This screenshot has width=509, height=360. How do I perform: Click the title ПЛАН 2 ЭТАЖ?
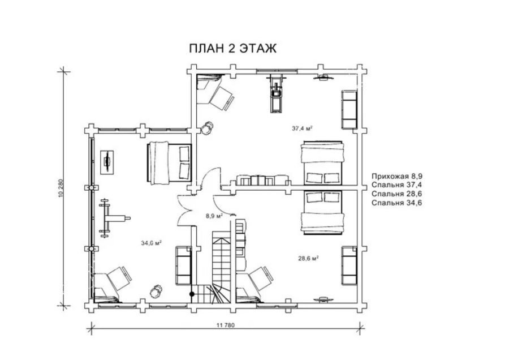[233, 49]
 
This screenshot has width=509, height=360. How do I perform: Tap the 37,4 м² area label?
[302, 128]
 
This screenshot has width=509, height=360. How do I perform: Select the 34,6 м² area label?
[151, 243]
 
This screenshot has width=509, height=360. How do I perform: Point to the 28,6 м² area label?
[308, 258]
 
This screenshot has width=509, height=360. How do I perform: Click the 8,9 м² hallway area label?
[213, 216]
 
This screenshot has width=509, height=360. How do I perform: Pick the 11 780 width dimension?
[225, 325]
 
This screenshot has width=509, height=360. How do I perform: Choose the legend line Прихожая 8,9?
[397, 177]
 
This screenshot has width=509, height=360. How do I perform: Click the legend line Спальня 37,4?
[397, 185]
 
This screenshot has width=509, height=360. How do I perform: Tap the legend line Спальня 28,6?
[397, 194]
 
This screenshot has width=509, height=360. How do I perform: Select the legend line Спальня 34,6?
[397, 203]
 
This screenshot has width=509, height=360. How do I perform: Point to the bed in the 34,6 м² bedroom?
[169, 163]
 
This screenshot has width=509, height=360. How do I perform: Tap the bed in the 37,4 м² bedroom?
[322, 163]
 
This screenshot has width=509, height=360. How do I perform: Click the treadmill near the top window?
[276, 93]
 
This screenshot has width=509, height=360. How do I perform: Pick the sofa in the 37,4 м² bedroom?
[349, 109]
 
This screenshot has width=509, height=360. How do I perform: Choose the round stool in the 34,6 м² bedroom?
[157, 291]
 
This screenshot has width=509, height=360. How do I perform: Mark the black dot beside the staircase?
[192, 294]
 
